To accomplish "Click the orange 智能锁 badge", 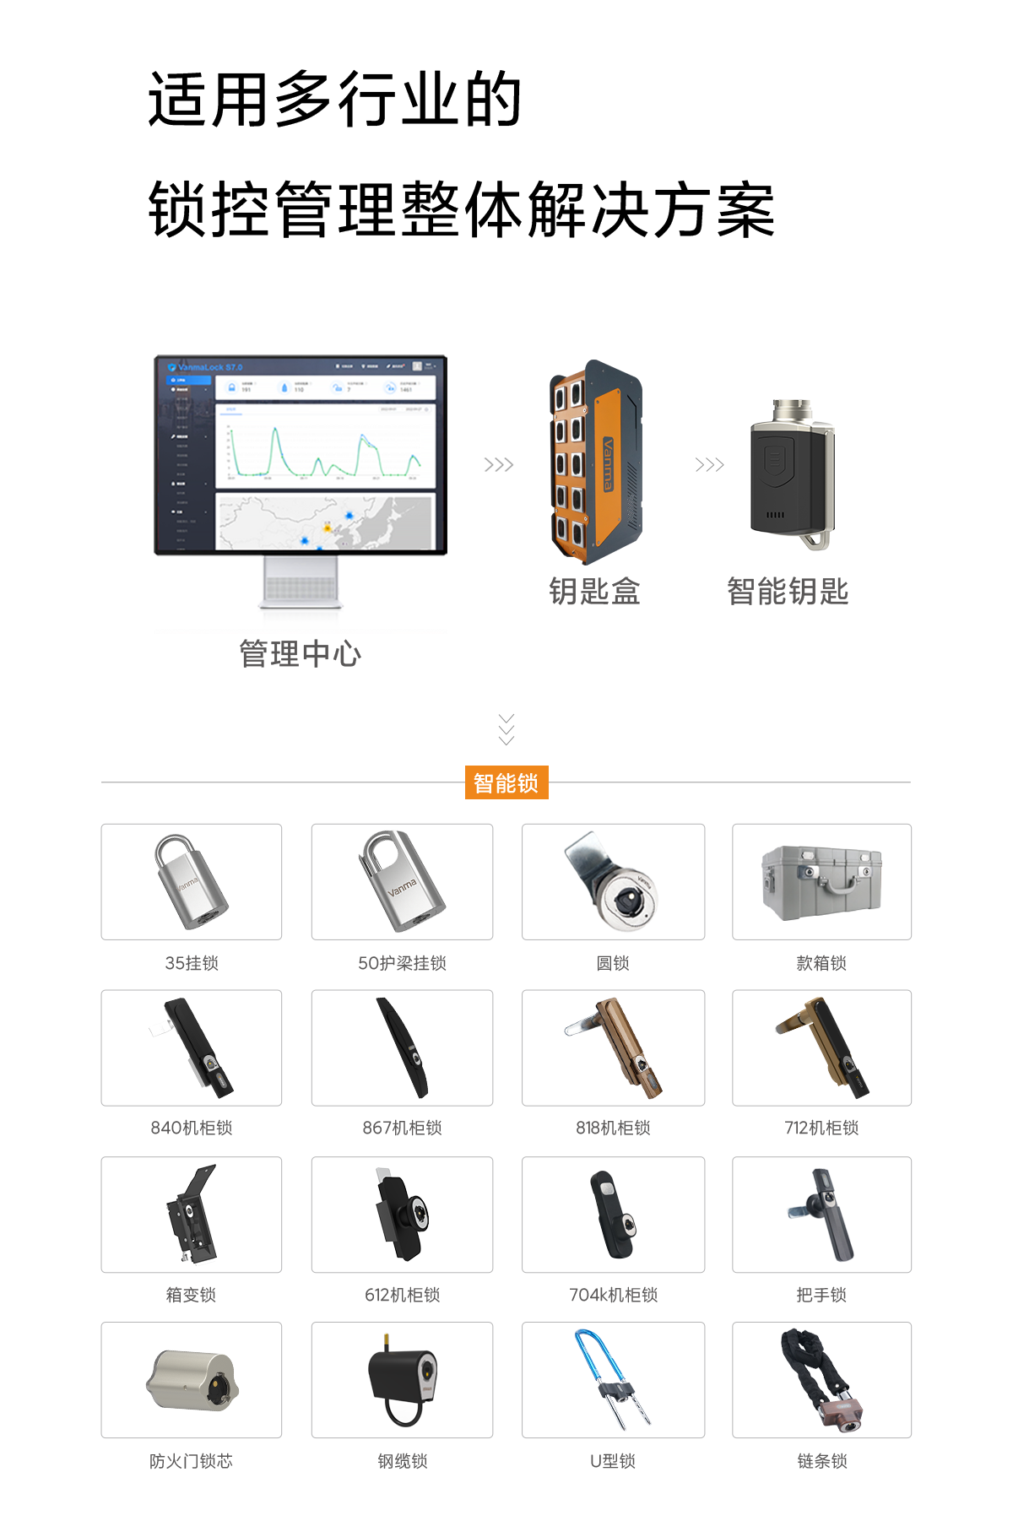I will click(506, 782).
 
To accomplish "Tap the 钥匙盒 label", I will click(594, 590).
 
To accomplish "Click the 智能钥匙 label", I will click(788, 590).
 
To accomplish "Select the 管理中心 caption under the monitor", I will click(300, 652).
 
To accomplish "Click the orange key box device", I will click(595, 462).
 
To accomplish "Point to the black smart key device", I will click(790, 474).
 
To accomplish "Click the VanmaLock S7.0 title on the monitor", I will click(209, 367).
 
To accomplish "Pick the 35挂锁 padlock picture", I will click(192, 882).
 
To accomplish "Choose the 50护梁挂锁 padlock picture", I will click(403, 882).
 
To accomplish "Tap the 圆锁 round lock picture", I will click(612, 882).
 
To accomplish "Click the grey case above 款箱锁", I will click(821, 882).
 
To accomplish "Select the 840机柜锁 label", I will click(192, 1128).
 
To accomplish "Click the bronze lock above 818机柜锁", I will click(614, 1047).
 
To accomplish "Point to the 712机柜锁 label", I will click(821, 1128).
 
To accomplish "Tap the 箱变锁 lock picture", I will click(192, 1215).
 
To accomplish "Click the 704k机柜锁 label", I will click(614, 1295).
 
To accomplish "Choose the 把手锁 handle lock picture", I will click(821, 1215).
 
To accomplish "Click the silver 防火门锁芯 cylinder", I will click(192, 1381).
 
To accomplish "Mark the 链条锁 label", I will click(821, 1460).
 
